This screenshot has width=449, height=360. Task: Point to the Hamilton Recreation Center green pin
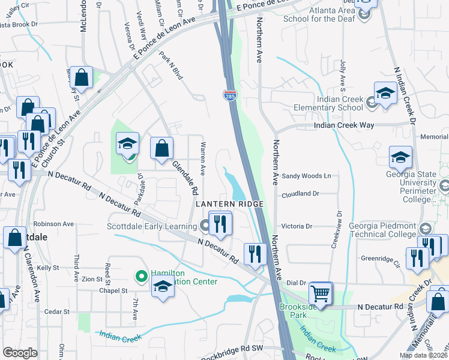141,277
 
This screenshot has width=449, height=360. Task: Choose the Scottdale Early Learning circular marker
205,226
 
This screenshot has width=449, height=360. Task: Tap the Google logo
20,353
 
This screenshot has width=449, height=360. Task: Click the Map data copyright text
423,355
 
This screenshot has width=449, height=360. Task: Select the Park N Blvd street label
171,66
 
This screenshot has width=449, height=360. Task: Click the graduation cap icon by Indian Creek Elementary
385,93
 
